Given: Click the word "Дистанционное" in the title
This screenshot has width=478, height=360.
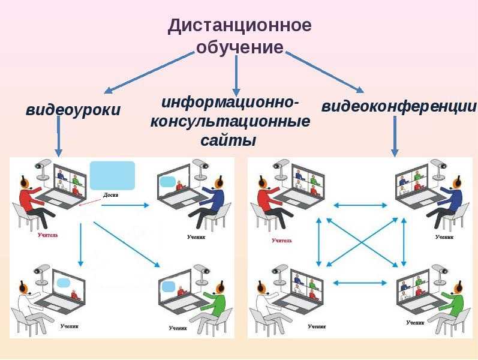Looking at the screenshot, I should pyautogui.click(x=239, y=26).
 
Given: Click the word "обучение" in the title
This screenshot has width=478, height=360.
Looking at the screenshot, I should pyautogui.click(x=239, y=47).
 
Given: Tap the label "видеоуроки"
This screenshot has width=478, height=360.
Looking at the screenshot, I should pyautogui.click(x=73, y=110).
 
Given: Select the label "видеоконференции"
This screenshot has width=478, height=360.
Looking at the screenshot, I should pyautogui.click(x=399, y=106).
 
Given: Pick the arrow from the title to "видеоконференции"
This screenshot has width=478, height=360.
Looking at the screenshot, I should pyautogui.click(x=324, y=72).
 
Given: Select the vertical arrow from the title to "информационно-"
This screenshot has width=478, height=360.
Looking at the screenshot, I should pyautogui.click(x=236, y=75).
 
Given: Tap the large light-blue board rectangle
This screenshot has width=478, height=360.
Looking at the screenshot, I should pyautogui.click(x=112, y=175).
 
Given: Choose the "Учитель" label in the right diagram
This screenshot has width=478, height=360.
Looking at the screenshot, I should pyautogui.click(x=281, y=241).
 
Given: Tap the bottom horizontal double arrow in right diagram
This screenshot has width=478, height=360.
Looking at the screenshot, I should pyautogui.click(x=360, y=282).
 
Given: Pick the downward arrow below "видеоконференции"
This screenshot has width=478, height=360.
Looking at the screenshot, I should pyautogui.click(x=395, y=136).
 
